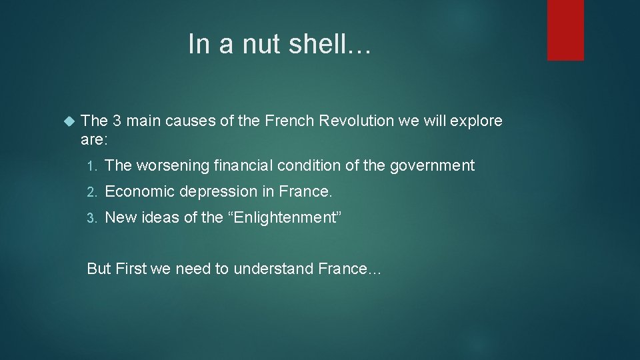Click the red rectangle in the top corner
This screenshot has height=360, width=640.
[565, 30]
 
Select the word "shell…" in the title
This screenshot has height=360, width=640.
[339, 44]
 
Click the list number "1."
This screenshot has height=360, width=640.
[93, 165]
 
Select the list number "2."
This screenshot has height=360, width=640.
[93, 192]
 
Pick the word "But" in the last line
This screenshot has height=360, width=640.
[99, 269]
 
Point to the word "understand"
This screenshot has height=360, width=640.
[276, 269]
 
